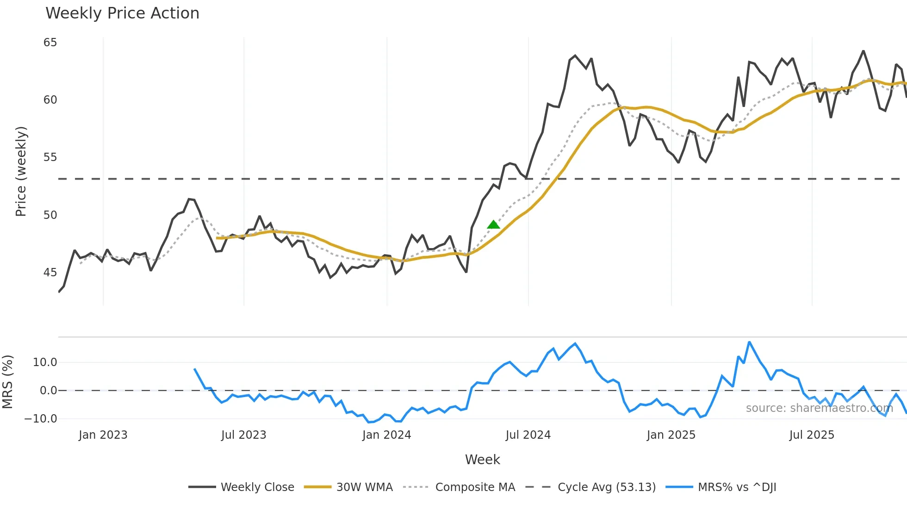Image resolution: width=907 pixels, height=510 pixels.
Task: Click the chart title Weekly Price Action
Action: [x=122, y=13]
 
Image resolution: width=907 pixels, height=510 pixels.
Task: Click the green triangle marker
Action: [x=494, y=225]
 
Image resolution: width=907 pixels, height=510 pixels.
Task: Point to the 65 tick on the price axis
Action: [x=50, y=43]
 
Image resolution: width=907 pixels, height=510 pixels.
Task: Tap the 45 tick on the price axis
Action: [x=50, y=273]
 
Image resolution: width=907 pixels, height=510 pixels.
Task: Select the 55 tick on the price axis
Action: [x=50, y=157]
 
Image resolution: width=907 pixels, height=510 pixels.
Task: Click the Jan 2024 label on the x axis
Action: [x=386, y=435]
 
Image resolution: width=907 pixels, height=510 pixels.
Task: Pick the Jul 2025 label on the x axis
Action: [x=812, y=435]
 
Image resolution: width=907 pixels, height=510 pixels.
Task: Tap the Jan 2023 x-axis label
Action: [x=103, y=435]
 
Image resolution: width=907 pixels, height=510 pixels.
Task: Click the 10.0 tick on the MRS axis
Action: [x=45, y=362]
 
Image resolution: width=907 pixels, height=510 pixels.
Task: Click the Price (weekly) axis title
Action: [x=21, y=171]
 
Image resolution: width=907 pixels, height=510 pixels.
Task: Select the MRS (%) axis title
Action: [x=7, y=382]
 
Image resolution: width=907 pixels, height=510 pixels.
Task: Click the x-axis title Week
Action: [x=482, y=460]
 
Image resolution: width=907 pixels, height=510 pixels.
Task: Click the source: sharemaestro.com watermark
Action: [x=819, y=408]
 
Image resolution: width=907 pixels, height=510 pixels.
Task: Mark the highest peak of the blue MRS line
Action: [x=749, y=342]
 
